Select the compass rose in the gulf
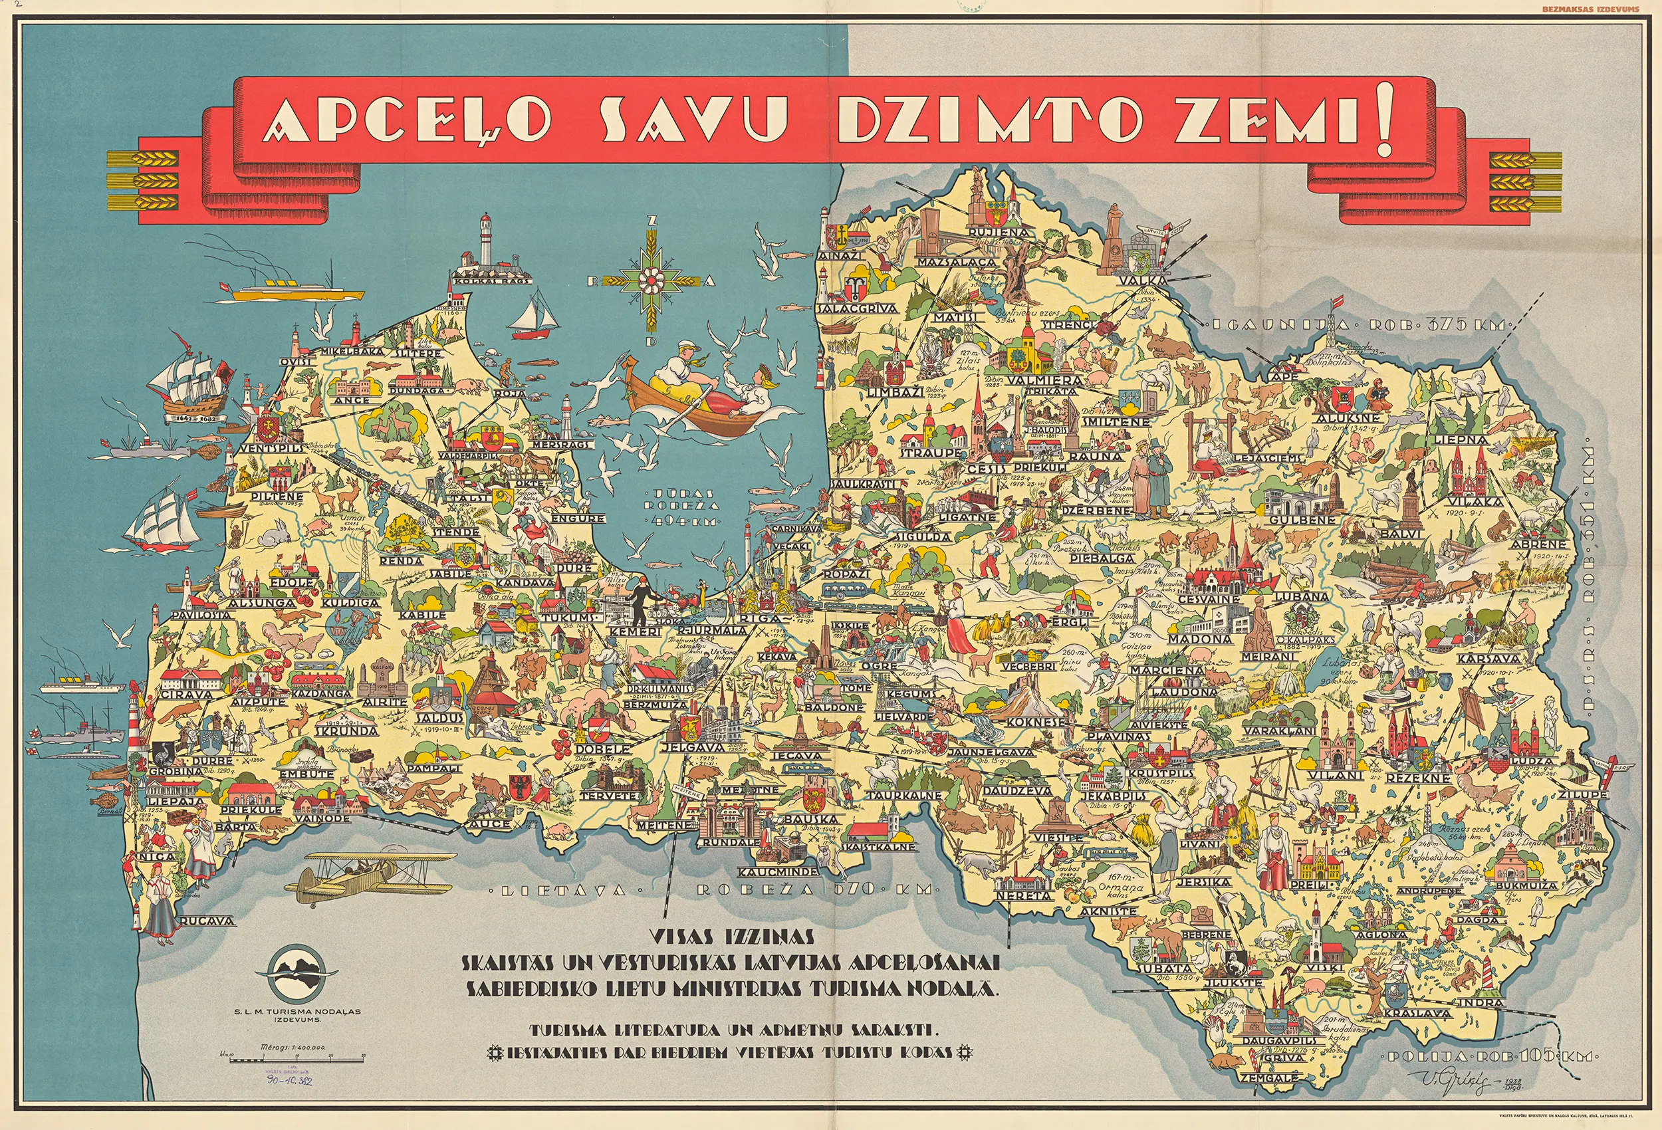pos(650,281)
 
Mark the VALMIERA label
pos(1045,380)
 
